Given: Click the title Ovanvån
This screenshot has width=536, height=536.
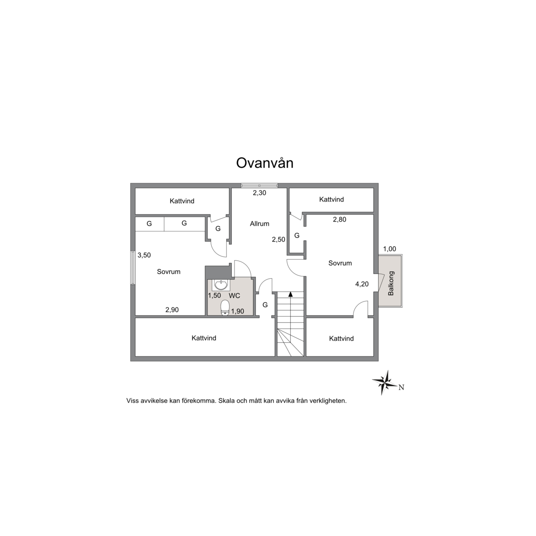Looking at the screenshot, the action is click(x=265, y=163).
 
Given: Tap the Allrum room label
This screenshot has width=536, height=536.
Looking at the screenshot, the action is click(x=260, y=223).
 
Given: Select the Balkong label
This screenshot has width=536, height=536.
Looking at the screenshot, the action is click(x=391, y=283).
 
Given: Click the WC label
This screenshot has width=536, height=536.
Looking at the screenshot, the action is click(x=234, y=296).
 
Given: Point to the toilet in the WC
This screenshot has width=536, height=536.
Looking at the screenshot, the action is click(x=225, y=307).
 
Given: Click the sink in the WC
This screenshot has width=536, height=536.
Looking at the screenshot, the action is click(x=221, y=284).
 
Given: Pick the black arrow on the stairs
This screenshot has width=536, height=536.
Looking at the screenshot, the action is click(x=290, y=294).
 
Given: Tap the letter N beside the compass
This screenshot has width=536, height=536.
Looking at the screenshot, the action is click(x=402, y=387).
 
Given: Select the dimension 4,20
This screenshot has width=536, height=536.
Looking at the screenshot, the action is click(x=362, y=284).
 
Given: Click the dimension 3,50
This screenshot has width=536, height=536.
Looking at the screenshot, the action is click(x=144, y=255).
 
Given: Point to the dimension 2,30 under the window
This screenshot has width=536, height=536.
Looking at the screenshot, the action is click(x=260, y=193).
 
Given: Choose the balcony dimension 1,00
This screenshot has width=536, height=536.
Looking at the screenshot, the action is click(x=390, y=249).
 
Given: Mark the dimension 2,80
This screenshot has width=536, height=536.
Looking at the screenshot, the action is click(x=340, y=220).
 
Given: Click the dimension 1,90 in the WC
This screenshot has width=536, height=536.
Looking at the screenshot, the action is click(x=238, y=311).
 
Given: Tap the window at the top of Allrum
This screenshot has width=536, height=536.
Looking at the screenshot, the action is click(x=260, y=186).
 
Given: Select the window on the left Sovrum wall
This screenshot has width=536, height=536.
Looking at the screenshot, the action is click(x=133, y=268).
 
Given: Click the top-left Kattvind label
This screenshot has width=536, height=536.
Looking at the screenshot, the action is click(x=182, y=201).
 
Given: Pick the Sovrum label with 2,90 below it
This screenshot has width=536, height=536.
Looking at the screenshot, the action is click(x=168, y=272).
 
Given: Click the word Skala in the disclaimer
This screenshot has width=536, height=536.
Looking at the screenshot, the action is click(x=227, y=401).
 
